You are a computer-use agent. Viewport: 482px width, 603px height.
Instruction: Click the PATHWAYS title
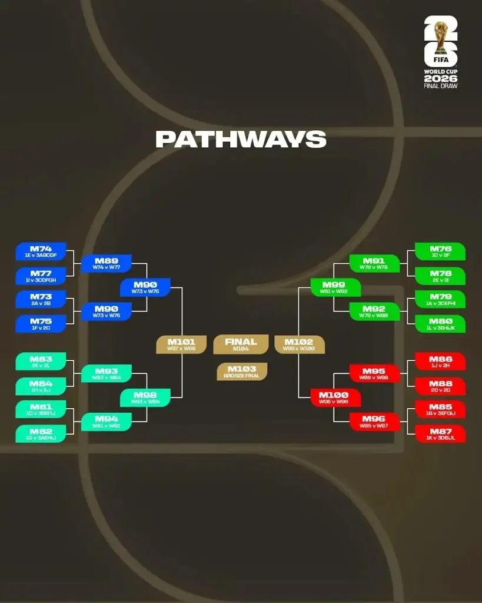click(x=241, y=139)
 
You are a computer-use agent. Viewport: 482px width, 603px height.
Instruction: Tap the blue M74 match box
click(x=41, y=251)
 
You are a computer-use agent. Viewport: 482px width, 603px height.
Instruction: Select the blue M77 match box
click(x=41, y=276)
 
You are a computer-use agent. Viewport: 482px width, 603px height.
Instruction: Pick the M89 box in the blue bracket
click(x=106, y=264)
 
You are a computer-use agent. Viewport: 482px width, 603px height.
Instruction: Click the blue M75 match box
click(x=41, y=324)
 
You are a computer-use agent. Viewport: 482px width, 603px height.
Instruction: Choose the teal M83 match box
click(x=41, y=362)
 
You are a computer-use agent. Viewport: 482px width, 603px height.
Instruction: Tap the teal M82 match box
click(x=41, y=434)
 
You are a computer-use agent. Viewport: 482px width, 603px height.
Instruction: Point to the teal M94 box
click(x=106, y=422)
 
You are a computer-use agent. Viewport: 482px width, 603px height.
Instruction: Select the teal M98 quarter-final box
click(x=145, y=398)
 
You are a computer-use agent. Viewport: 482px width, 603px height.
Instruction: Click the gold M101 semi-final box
click(x=181, y=344)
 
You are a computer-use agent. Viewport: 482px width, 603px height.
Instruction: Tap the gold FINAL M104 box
click(x=241, y=344)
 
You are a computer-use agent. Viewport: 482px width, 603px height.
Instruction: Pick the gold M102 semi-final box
click(x=300, y=344)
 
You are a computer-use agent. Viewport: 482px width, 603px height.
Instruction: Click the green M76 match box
click(x=440, y=251)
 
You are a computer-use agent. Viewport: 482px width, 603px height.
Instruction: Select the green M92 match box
click(x=374, y=312)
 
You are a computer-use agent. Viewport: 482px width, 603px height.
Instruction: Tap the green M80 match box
click(x=440, y=324)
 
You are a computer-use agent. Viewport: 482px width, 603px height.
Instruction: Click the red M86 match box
click(x=440, y=362)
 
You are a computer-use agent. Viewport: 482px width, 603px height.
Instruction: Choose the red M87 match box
click(x=440, y=434)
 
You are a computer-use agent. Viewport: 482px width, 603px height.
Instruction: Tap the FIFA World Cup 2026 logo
click(x=441, y=52)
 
